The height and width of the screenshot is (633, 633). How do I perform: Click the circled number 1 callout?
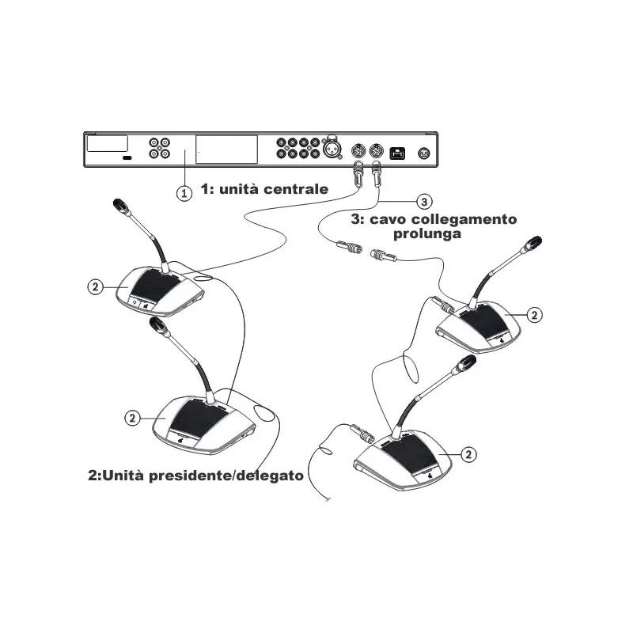coord(184,193)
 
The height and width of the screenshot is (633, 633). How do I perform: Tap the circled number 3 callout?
coord(424,202)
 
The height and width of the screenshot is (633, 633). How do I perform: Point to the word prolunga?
coord(427,233)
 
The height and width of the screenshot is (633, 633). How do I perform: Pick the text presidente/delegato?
coord(226,476)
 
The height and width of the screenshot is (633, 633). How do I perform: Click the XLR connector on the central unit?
coord(332,148)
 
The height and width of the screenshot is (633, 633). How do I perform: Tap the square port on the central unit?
coord(397,154)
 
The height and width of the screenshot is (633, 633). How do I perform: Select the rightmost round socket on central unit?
coord(423,154)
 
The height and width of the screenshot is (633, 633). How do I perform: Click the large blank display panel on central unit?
coord(226,150)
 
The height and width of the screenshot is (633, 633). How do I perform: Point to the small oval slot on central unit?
coord(127,157)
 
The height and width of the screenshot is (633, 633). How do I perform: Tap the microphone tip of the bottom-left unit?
coord(157,323)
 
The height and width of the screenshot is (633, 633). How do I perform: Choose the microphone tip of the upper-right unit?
coord(533,243)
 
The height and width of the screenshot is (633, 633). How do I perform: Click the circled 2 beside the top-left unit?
coord(96,287)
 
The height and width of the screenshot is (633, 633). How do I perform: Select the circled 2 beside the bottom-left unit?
coord(132,418)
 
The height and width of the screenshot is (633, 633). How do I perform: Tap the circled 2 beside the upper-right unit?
coord(535,315)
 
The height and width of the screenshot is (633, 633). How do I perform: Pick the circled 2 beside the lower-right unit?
coord(468,454)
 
